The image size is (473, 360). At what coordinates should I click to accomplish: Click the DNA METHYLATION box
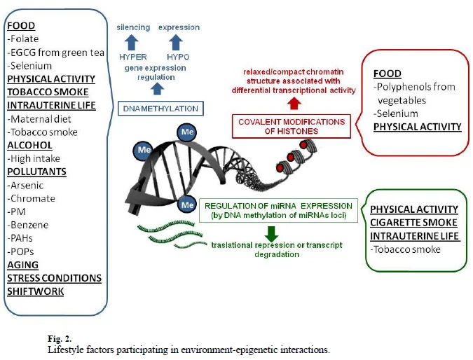point(160,109)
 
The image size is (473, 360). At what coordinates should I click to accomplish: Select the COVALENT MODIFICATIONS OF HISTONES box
point(292,126)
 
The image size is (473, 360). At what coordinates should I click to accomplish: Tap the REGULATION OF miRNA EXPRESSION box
point(278,210)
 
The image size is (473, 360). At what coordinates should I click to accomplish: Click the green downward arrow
point(271,234)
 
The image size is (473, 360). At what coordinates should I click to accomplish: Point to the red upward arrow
point(294,104)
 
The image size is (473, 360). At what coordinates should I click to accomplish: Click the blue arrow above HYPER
point(132,43)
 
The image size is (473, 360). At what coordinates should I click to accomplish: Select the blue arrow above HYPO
point(176,43)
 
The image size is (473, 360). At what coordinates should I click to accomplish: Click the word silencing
point(133,27)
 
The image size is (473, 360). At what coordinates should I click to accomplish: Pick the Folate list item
point(23,39)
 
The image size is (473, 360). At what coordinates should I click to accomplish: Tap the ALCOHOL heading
point(29,145)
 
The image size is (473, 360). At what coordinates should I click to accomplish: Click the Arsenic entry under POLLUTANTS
point(25,185)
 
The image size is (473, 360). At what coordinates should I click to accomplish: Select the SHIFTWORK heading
point(36,291)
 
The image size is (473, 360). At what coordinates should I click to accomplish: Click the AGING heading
point(23,265)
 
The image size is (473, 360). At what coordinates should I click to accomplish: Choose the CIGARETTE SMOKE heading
point(413,223)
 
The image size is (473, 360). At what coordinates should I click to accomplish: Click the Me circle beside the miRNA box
point(187,205)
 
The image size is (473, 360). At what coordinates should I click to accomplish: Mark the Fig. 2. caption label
point(60,338)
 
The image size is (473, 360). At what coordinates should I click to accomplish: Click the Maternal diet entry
point(39,119)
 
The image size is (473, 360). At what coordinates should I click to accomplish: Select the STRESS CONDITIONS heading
point(54,278)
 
